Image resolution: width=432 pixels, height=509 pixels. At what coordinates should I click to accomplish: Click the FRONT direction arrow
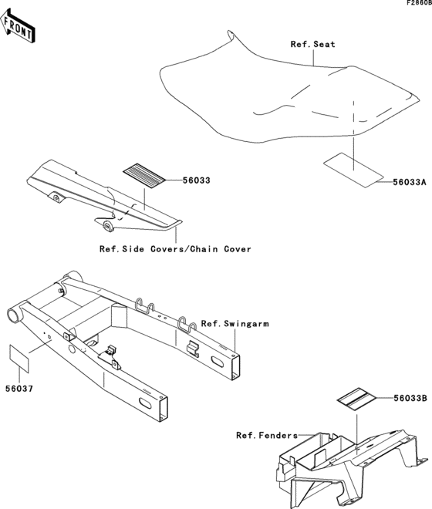pyautogui.click(x=19, y=29)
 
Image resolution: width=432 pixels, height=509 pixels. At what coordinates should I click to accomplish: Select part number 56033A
pyautogui.click(x=410, y=183)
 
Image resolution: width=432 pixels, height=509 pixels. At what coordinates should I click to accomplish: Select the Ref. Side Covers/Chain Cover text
pyautogui.click(x=175, y=249)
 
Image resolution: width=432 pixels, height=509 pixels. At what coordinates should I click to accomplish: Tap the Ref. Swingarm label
pyautogui.click(x=235, y=324)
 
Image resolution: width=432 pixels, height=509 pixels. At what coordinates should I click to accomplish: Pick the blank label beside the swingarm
pyautogui.click(x=21, y=357)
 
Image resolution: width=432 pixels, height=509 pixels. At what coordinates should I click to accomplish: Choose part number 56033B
pyautogui.click(x=410, y=399)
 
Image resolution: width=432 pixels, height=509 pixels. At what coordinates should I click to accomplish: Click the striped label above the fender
pyautogui.click(x=355, y=399)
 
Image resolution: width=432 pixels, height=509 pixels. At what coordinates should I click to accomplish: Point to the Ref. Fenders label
pyautogui.click(x=265, y=435)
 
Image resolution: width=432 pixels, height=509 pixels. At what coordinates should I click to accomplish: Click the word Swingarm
pyautogui.click(x=247, y=324)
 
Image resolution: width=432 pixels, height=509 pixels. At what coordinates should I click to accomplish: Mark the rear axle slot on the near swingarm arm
pyautogui.click(x=146, y=403)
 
